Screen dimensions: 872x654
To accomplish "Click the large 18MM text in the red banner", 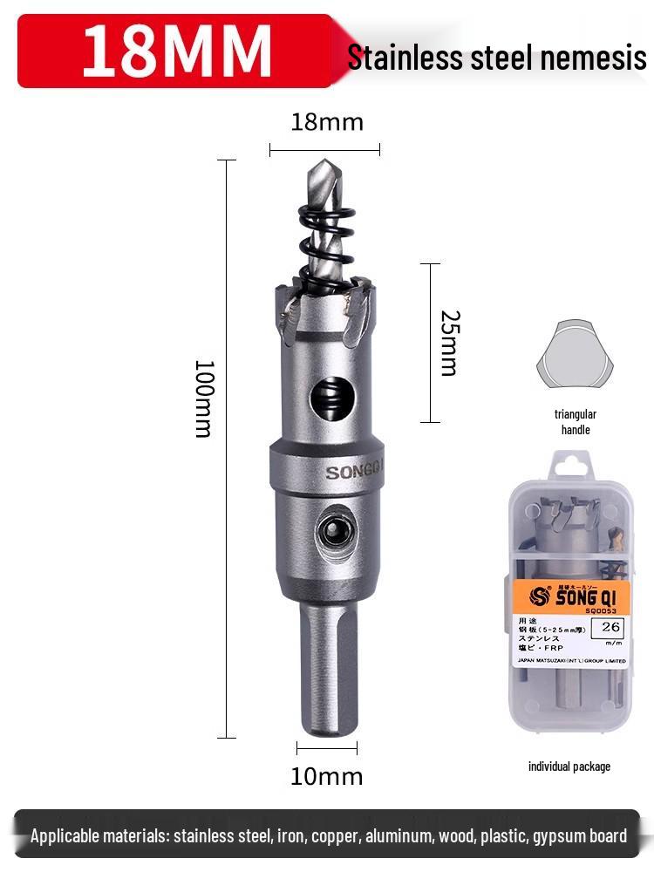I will tap(177, 51).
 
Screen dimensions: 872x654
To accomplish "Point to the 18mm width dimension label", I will tap(326, 122).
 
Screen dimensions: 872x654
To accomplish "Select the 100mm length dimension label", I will tap(203, 398).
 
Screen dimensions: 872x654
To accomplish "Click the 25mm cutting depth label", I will tap(448, 343).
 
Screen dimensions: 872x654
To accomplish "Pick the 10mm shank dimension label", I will tap(326, 776).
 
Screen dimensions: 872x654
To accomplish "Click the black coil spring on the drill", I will tap(325, 228).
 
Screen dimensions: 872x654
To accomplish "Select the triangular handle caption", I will tap(575, 422).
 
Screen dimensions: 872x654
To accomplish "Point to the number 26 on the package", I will tap(610, 626).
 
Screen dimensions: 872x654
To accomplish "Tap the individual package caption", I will tap(569, 766).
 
